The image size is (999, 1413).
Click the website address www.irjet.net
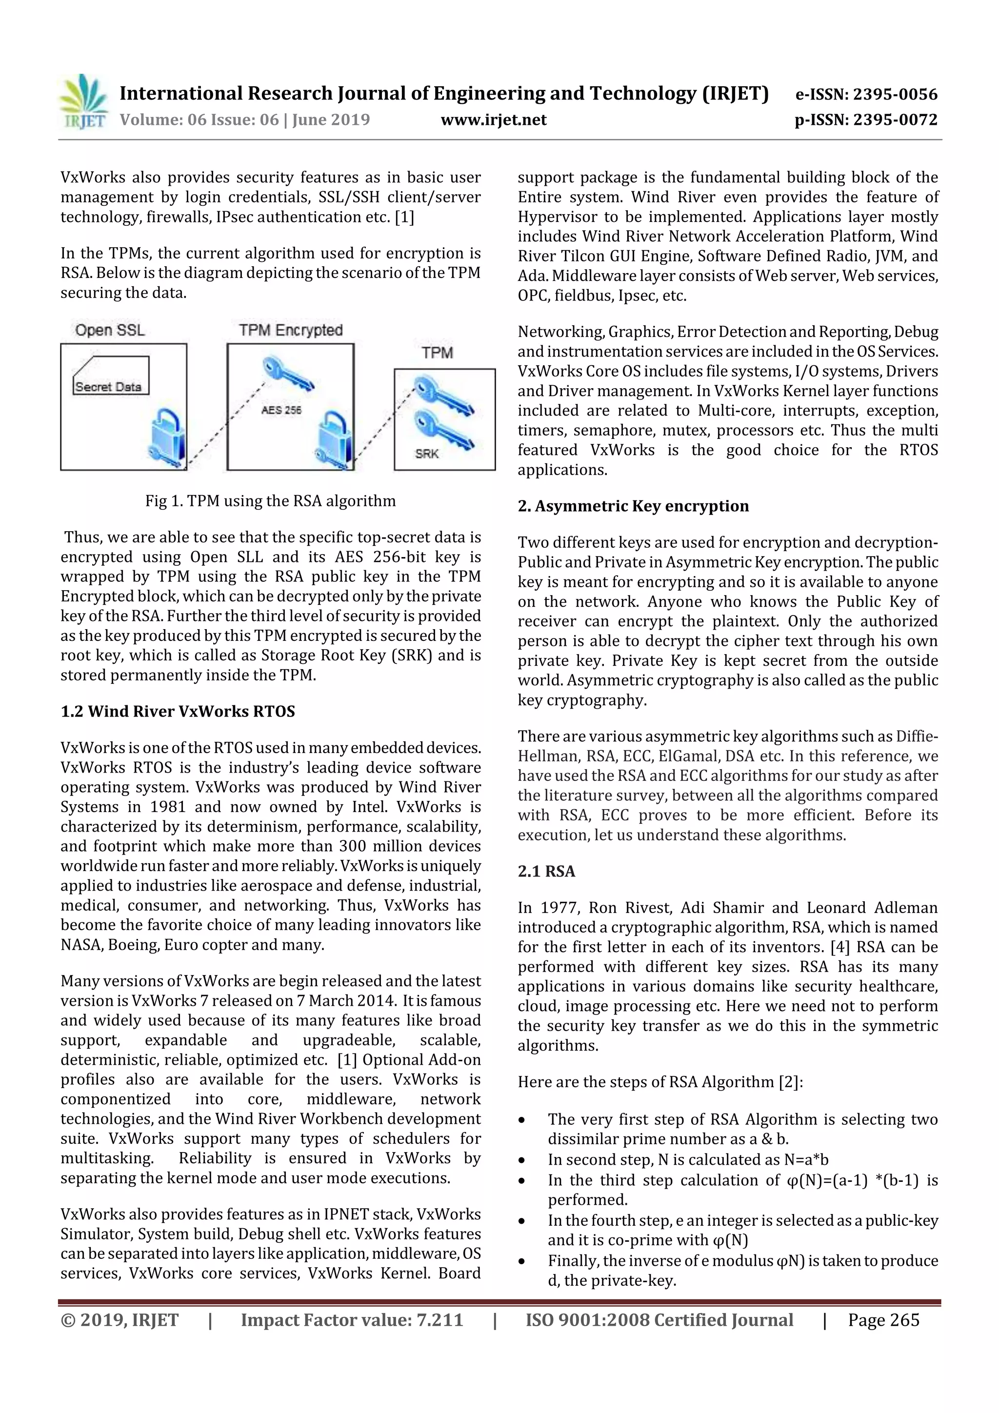[494, 120]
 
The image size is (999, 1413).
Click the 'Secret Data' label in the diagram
[108, 386]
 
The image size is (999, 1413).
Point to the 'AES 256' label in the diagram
[281, 410]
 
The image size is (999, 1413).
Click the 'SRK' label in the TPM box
[426, 454]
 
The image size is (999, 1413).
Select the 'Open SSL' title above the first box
[110, 331]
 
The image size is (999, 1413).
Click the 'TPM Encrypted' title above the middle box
[291, 331]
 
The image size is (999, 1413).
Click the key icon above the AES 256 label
[287, 374]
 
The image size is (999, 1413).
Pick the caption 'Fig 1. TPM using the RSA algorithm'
[270, 501]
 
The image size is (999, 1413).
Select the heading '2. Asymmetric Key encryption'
[633, 506]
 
